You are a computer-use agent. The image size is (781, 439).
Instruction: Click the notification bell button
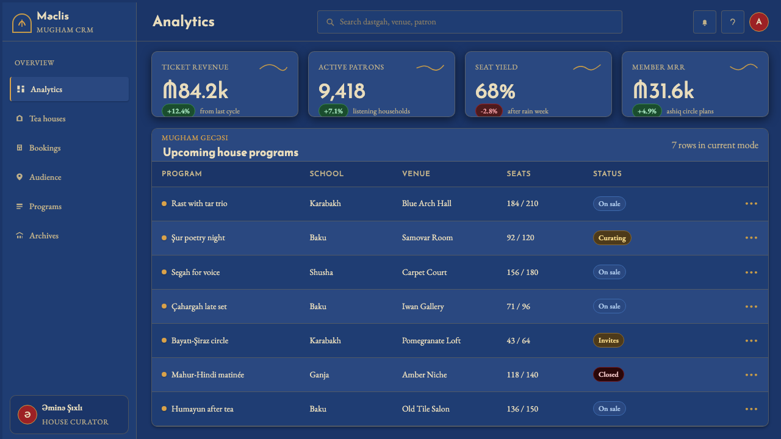coord(704,22)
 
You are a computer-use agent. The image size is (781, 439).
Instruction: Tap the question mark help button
coord(733,22)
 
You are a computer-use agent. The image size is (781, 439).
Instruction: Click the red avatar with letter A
coord(758,22)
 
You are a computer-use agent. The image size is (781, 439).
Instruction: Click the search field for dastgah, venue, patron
coord(469,22)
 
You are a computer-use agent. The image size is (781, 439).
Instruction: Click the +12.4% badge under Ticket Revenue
coord(178,111)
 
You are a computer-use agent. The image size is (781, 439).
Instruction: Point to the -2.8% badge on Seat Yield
coord(489,111)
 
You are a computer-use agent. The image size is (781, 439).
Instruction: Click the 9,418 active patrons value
coord(342,91)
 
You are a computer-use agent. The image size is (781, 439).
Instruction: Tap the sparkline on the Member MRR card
coord(744,67)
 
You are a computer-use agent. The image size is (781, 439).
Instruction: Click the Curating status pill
coord(612,238)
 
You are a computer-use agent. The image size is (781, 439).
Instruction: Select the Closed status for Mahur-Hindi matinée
coord(608,374)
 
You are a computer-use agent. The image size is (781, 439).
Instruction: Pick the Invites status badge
coord(608,340)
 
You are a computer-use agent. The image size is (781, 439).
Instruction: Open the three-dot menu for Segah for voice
coord(751,272)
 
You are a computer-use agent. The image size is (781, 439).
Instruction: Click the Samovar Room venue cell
coord(427,238)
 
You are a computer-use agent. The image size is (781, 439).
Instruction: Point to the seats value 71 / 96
coord(518,306)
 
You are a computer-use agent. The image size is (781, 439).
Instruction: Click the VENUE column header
coord(416,174)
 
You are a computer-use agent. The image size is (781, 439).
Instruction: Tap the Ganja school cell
coord(319,375)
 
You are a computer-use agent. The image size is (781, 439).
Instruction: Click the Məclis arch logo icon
coord(21,23)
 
